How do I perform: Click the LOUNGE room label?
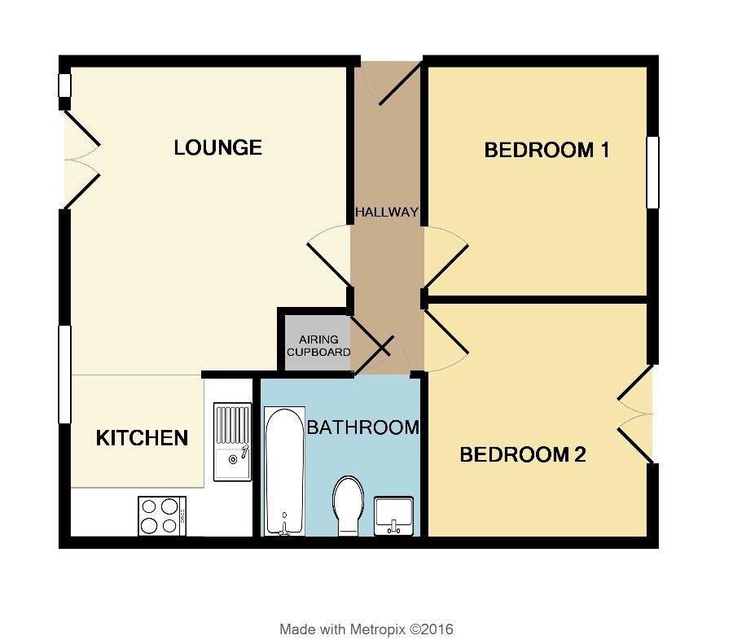(x=218, y=147)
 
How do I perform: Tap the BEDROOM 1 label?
(x=546, y=150)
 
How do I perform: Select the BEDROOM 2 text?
(x=523, y=454)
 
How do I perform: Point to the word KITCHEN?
(x=143, y=438)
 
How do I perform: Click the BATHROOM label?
(x=362, y=427)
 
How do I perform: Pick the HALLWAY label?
(x=387, y=213)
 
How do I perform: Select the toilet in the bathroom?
(x=349, y=505)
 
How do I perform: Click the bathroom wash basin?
(x=394, y=515)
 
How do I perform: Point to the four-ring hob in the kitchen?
(x=161, y=515)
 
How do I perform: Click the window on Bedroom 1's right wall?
(x=652, y=173)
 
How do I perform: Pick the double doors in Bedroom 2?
(x=636, y=414)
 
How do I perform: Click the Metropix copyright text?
(x=366, y=629)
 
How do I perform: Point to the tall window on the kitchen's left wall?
(x=64, y=375)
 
